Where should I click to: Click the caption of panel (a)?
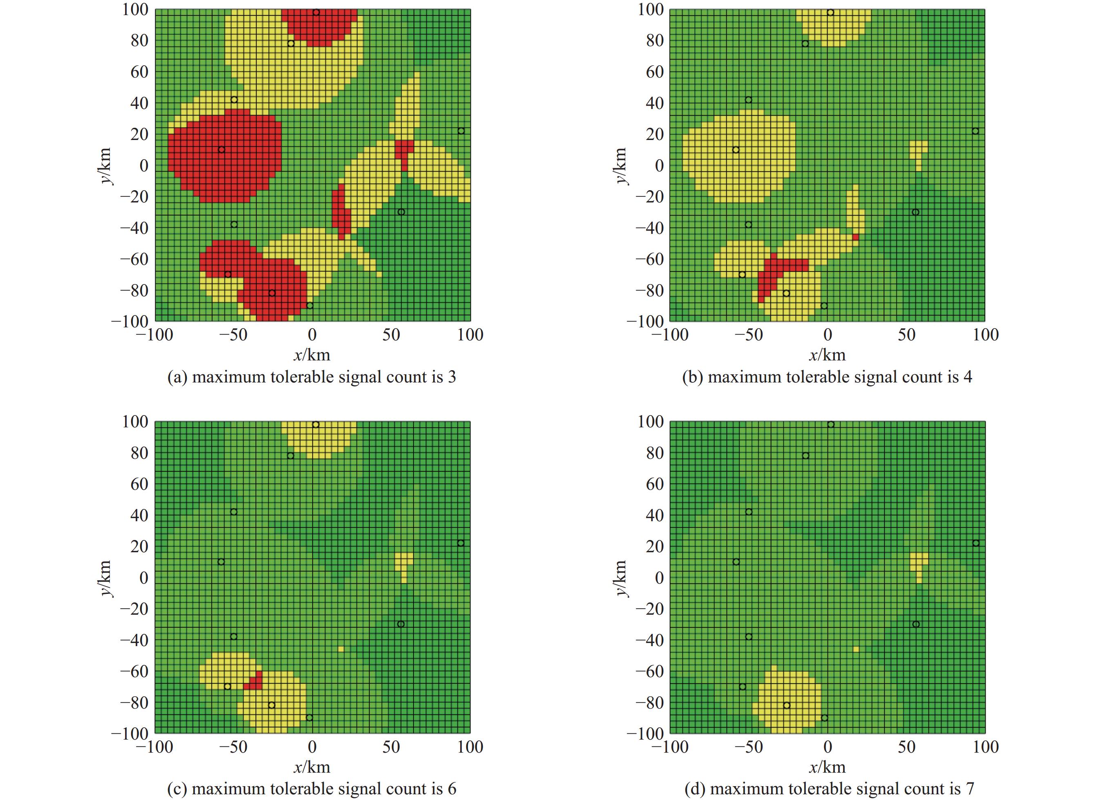[x=312, y=377]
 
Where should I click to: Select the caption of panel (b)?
[x=827, y=377]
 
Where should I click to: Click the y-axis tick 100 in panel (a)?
[x=135, y=9]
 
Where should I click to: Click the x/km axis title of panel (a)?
[x=312, y=355]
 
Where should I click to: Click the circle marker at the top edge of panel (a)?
[x=316, y=12]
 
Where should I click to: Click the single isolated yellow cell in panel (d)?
[x=856, y=649]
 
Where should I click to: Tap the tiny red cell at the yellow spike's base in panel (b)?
[x=855, y=237]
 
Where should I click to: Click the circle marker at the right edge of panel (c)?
[x=461, y=543]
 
